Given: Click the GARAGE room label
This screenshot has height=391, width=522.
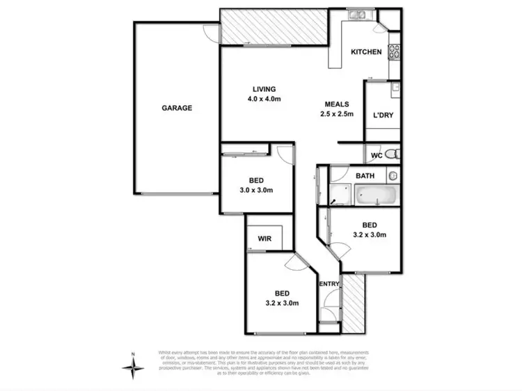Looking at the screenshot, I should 177,108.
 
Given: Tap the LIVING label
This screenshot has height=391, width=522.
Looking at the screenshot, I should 264,89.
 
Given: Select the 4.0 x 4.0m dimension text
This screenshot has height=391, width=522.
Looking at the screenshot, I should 264,99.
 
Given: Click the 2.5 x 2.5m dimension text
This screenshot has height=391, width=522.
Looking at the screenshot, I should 338,114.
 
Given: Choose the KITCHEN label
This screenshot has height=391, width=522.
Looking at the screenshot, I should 365,52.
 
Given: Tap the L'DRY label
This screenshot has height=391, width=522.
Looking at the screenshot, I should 383,115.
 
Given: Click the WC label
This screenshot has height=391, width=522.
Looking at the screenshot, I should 377,154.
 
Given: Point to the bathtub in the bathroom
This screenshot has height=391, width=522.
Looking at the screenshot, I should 376,195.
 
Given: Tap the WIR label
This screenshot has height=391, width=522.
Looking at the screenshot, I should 264,239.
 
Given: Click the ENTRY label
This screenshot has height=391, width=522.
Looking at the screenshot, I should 329,283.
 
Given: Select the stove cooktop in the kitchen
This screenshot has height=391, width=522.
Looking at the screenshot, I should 395,50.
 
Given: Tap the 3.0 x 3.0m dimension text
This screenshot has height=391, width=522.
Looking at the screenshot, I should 256,190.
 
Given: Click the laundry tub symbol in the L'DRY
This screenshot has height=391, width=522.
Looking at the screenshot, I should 395,88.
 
